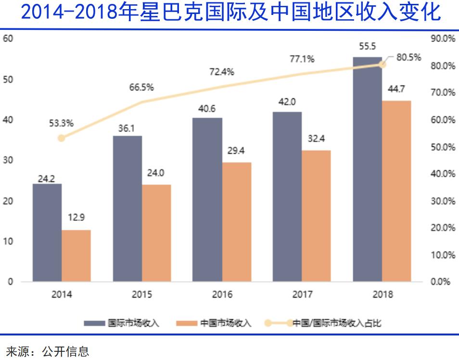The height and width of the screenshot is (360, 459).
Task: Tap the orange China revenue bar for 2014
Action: point(76,256)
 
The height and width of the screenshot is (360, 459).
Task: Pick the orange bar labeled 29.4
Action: point(236,222)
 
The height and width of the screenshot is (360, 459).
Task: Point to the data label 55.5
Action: point(368,46)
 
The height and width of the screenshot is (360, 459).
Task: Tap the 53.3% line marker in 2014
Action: point(62,138)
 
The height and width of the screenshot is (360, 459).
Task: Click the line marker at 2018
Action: point(382,64)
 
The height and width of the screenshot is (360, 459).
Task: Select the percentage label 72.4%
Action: point(222,72)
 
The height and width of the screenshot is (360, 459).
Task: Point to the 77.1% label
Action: point(302,59)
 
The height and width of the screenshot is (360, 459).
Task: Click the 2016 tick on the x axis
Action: point(222,295)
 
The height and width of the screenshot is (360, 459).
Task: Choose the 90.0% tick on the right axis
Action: point(443,39)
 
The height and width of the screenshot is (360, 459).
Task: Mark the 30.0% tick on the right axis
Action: point(443,201)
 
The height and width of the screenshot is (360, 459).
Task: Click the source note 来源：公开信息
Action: point(48,351)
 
